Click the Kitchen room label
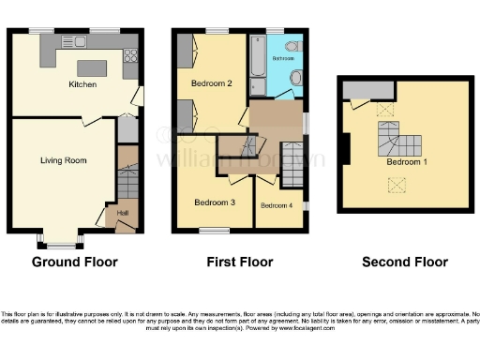point(82,84)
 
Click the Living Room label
point(63,160)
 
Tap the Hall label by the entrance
point(122,213)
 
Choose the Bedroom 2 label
point(211,83)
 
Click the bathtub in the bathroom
point(258,63)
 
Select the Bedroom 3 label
point(215,202)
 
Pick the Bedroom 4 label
point(276,205)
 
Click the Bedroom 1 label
point(405,161)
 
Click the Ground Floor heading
point(75,262)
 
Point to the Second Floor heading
point(405,262)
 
